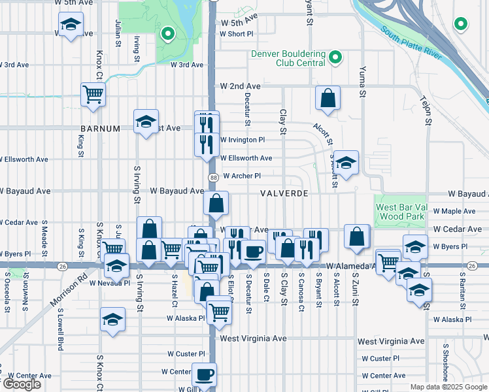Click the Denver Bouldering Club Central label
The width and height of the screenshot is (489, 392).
tap(288, 58)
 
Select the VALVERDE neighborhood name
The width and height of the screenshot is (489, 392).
tap(284, 194)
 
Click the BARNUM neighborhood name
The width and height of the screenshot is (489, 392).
tap(100, 129)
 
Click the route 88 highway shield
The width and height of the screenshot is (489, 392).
tap(213, 178)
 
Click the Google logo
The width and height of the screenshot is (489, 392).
tap(22, 384)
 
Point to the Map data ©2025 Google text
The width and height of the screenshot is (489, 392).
tap(448, 387)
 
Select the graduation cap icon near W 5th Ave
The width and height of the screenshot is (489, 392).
tap(69, 26)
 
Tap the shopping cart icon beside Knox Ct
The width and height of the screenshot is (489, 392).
tap(93, 94)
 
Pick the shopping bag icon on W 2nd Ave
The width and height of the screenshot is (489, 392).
tap(328, 99)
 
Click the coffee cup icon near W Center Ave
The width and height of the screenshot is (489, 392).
tap(204, 375)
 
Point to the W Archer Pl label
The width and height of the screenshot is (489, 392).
tap(242, 176)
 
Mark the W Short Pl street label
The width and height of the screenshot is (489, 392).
tap(236, 34)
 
